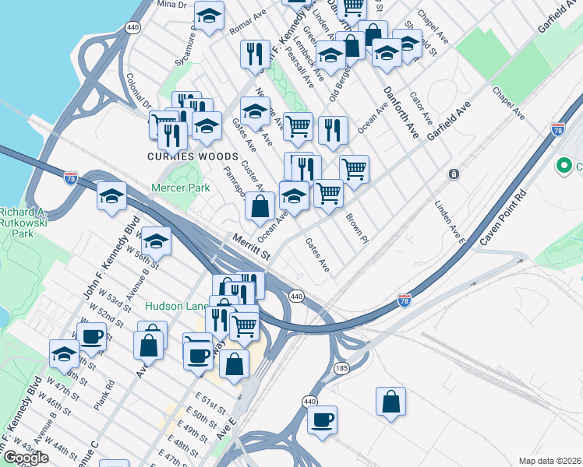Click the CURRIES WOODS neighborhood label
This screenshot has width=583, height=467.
coord(181,156)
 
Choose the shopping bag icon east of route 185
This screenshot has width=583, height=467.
coord(391,402)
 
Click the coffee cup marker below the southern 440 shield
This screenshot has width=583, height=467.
coord(322,421)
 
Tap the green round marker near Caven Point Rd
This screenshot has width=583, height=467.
coord(564,166)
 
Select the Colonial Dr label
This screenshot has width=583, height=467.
coord(138,90)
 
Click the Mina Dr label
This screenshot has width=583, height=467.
coord(172,5)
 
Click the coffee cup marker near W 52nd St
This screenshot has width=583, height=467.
coord(91,337)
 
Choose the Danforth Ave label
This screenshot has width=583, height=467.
coord(401,113)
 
